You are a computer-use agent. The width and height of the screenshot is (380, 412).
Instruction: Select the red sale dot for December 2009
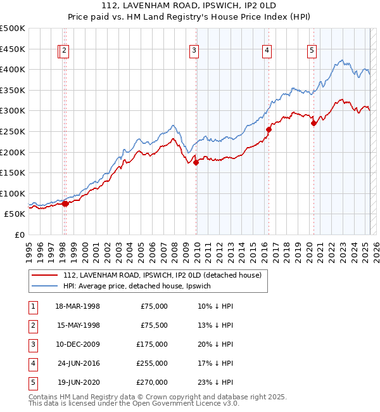point(196,162)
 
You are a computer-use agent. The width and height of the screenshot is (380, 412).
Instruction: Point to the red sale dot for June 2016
point(269,129)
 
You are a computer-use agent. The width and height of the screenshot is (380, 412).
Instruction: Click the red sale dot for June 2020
point(313,123)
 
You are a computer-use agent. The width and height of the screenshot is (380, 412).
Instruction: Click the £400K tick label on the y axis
point(13,69)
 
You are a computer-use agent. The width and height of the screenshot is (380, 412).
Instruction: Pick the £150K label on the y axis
point(13,172)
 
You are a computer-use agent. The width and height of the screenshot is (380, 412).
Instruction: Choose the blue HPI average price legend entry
point(141,286)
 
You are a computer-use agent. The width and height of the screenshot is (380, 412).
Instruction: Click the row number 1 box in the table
point(32,306)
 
